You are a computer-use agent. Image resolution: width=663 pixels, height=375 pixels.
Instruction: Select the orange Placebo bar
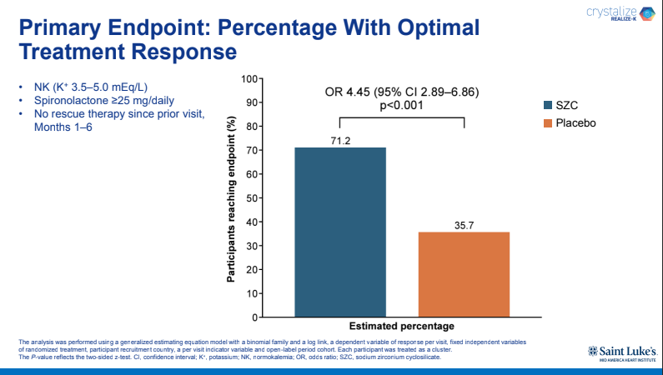[464, 274]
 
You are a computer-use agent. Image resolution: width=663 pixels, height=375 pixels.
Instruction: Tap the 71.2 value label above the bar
[340, 140]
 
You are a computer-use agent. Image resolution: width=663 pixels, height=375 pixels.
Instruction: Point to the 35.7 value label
[464, 225]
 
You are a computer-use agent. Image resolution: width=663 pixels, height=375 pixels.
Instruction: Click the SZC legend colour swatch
[547, 105]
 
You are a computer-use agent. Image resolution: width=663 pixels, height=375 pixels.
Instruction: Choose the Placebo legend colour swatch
[547, 123]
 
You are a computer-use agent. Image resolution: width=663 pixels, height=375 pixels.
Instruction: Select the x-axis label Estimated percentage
[401, 326]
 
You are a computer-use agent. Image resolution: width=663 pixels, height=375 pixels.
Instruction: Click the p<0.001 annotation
[401, 106]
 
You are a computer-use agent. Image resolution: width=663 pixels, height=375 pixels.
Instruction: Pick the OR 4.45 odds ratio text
[401, 91]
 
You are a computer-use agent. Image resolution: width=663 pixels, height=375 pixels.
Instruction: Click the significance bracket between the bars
[401, 117]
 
